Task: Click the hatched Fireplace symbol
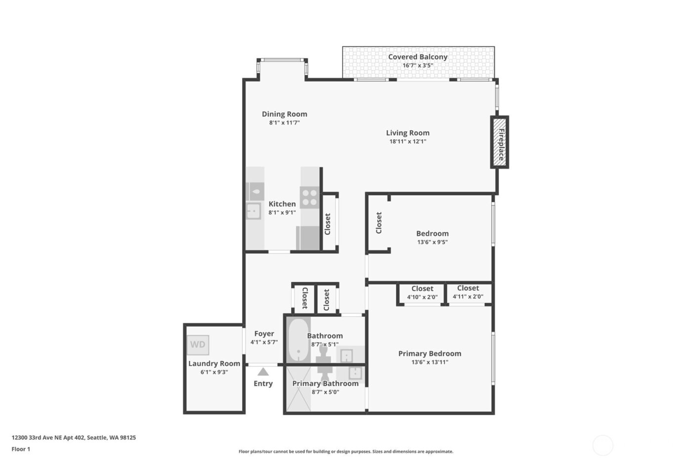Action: pos(499,142)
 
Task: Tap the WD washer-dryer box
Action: pos(198,345)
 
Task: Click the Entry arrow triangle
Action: pos(263,372)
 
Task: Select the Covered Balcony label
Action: pos(418,57)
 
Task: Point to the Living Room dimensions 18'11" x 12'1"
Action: pos(407,141)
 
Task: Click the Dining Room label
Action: pos(284,114)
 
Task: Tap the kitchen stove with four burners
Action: pos(310,198)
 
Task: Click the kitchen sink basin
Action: pos(254,211)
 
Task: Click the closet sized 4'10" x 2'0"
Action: pos(422,293)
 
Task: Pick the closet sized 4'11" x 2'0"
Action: pos(468,293)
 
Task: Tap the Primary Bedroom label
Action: pos(430,353)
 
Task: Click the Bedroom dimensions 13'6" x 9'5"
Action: pos(432,242)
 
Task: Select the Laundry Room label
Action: pos(214,364)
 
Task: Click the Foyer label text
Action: pos(264,334)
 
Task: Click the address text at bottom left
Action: pos(74,437)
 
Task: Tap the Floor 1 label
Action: pos(21,449)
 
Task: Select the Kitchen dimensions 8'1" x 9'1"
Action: pos(282,212)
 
